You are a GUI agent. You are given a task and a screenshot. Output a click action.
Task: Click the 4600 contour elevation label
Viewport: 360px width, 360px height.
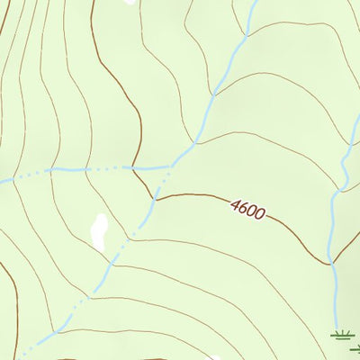(247, 211)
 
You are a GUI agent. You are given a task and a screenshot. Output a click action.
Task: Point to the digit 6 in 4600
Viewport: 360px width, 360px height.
(244, 209)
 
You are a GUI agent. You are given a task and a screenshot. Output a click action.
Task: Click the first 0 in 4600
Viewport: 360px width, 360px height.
(252, 212)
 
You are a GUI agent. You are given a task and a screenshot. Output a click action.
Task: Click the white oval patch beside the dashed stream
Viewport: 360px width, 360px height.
(99, 231)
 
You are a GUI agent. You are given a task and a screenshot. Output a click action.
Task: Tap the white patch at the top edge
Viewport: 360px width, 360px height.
(130, 2)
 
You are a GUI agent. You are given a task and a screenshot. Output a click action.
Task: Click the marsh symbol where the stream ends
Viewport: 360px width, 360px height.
(342, 335)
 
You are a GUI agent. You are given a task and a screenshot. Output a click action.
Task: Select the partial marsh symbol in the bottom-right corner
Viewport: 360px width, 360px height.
(355, 348)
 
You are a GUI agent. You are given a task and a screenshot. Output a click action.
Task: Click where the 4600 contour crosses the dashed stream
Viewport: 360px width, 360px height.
(154, 197)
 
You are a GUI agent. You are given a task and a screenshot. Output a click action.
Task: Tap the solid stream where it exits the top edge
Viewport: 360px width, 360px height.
(255, 2)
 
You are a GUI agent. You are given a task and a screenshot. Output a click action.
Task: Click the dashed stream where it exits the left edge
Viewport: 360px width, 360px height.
(2, 183)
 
